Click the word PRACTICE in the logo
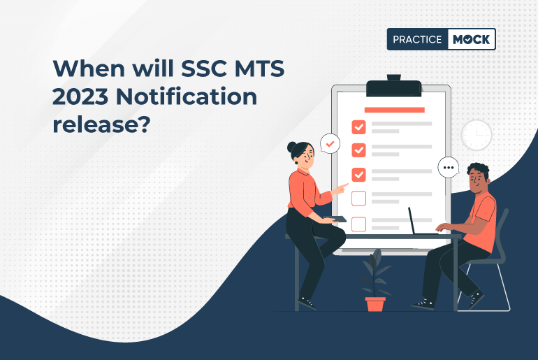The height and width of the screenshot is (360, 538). pos(416,39)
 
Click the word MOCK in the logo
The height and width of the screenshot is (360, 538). pos(470,39)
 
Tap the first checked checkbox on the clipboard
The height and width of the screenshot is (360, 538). pos(358,127)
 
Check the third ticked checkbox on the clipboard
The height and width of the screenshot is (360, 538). pos(358,174)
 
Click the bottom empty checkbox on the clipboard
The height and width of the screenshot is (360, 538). pos(358,224)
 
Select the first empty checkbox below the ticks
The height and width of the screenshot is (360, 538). pos(358,199)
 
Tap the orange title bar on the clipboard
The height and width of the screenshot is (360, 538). pos(394,110)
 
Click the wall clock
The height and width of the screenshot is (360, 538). pos(477,134)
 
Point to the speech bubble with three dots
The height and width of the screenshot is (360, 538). pos(448,168)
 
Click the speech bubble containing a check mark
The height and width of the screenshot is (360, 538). pos(330,144)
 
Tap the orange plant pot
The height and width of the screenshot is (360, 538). pos(375,304)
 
